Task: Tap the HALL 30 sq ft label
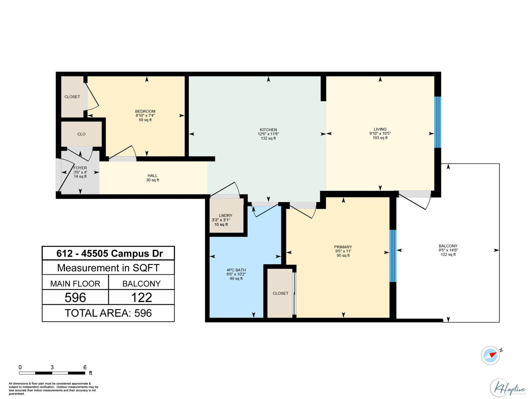tap(153, 178)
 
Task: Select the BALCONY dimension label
tap(448, 250)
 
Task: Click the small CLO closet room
tap(81, 134)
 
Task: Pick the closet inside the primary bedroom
tap(280, 293)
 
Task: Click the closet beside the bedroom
tap(72, 97)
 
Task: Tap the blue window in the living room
tap(438, 122)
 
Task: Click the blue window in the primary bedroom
tap(393, 256)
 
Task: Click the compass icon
tap(490, 355)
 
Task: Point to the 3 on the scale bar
tap(52, 367)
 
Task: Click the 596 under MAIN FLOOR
tap(75, 297)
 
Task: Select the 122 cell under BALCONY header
tap(141, 297)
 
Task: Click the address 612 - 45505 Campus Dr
tap(109, 253)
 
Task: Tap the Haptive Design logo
tap(508, 388)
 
